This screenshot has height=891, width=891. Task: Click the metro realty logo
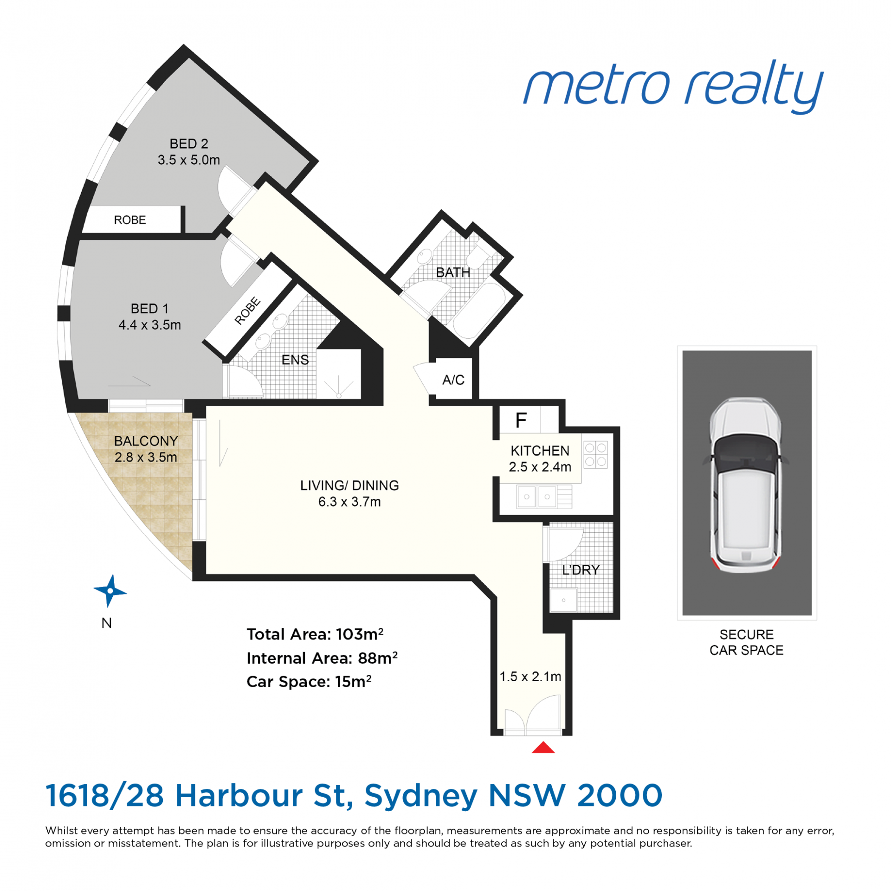coord(673,87)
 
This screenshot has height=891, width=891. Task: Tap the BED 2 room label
coord(188,143)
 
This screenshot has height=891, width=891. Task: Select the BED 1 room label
coord(149,309)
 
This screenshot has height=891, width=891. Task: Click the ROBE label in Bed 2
coord(130,220)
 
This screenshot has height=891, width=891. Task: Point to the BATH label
coord(453,272)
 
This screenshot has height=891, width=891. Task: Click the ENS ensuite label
coord(295,360)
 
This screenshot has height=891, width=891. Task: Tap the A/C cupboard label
coord(453,380)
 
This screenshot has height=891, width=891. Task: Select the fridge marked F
coord(521,420)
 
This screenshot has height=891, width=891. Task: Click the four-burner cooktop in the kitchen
coord(595,454)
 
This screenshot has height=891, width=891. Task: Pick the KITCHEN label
coord(540,451)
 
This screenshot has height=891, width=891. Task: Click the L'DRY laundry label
coord(581,570)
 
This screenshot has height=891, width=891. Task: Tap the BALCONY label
coord(146,441)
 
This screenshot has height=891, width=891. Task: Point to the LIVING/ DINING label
coord(349,485)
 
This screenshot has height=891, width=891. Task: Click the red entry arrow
coord(543,747)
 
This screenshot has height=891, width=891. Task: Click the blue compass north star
coord(110,591)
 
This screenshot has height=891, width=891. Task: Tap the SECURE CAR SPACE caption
coord(746,642)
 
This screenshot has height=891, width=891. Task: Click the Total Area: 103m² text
coord(315,634)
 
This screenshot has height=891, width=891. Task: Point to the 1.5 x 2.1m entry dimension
coord(530,677)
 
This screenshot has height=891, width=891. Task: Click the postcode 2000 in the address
coord(620,795)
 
